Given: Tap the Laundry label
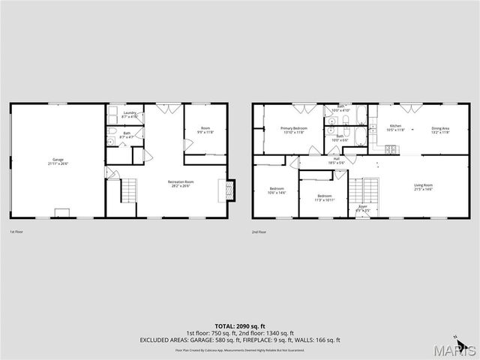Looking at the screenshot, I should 129,115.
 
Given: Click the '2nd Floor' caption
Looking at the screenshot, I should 259,232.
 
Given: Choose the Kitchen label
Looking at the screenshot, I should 395,127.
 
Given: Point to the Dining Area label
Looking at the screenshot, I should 440,130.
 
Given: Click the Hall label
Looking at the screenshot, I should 337,160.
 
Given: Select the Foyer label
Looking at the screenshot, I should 363,208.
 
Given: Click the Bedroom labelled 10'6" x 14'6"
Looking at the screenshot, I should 277,190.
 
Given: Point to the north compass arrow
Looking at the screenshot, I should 456,335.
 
